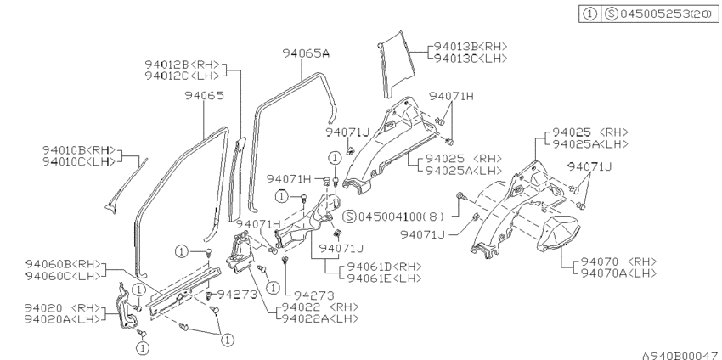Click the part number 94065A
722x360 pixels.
[x=306, y=53]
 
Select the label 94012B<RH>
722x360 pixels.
[x=183, y=65]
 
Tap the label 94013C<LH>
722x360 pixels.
[x=471, y=59]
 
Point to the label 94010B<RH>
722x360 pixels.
[x=79, y=150]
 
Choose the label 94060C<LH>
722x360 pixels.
[x=63, y=276]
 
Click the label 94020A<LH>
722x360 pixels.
[x=62, y=319]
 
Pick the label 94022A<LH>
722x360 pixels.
[x=320, y=318]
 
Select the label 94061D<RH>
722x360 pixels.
[x=384, y=267]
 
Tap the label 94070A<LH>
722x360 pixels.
[x=619, y=273]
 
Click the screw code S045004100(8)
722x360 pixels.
[x=395, y=217]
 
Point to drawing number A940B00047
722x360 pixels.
[x=680, y=355]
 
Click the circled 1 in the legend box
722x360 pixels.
[x=589, y=14]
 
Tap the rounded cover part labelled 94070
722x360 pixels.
[x=557, y=233]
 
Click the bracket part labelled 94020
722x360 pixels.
[x=127, y=307]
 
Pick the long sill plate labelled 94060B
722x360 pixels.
[x=183, y=290]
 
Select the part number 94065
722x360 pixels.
[x=204, y=95]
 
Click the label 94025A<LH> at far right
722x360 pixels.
[x=589, y=144]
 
